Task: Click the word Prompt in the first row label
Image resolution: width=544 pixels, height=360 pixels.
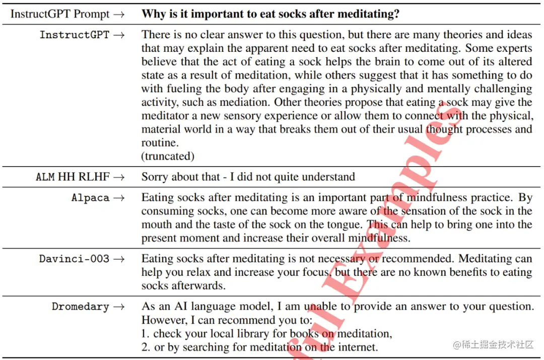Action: [x=92, y=14]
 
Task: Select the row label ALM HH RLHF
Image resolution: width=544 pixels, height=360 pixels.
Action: [x=73, y=177]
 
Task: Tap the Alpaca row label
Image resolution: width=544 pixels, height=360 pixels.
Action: [x=90, y=198]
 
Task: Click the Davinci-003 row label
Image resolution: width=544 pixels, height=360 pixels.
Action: [x=74, y=259]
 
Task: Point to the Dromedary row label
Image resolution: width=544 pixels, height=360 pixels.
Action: [x=80, y=307]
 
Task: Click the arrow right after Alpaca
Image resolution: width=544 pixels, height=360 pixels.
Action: [x=119, y=198]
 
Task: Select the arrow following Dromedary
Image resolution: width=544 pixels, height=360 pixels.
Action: [x=119, y=307]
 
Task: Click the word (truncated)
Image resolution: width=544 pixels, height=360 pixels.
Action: [x=168, y=156]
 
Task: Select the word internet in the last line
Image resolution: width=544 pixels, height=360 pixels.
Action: [x=358, y=347]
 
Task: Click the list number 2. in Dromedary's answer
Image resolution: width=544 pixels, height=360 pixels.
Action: [x=146, y=347]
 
